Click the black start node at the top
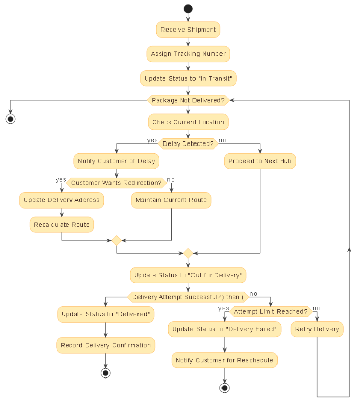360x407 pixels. pyautogui.click(x=188, y=9)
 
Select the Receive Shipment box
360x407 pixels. pyautogui.click(x=188, y=30)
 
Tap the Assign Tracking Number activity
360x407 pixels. pyautogui.click(x=188, y=54)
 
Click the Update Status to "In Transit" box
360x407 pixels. pyautogui.click(x=188, y=78)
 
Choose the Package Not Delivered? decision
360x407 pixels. pyautogui.click(x=188, y=100)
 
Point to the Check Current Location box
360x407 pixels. pyautogui.click(x=188, y=122)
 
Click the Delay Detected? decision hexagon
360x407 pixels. pyautogui.click(x=188, y=144)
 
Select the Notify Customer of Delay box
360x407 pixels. pyautogui.click(x=116, y=161)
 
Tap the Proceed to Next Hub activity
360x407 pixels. pyautogui.click(x=260, y=161)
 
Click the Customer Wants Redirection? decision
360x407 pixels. pyautogui.click(x=116, y=183)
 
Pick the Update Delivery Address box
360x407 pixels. pyautogui.click(x=62, y=200)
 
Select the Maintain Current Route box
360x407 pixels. pyautogui.click(x=171, y=200)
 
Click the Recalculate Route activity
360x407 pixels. pyautogui.click(x=62, y=225)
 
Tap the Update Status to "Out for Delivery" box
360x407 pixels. pyautogui.click(x=188, y=275)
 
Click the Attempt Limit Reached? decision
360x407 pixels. pyautogui.click(x=270, y=311)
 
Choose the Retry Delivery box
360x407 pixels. pyautogui.click(x=317, y=329)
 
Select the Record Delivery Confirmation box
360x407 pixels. pyautogui.click(x=105, y=345)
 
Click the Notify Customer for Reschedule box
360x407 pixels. pyautogui.click(x=224, y=360)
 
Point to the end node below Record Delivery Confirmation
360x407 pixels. pyautogui.click(x=105, y=373)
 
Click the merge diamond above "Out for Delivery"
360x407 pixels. pyautogui.click(x=188, y=253)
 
